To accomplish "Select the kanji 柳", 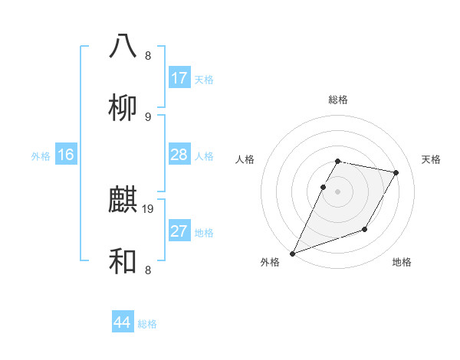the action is (x=123, y=108).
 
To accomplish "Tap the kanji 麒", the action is (x=123, y=200).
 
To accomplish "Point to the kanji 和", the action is (x=123, y=262).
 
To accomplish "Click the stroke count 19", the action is (x=149, y=208).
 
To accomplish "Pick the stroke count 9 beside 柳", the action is (x=148, y=116).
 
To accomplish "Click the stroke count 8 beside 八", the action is (x=148, y=55).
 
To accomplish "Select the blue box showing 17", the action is (x=179, y=78).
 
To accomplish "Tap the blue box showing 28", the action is (x=179, y=155).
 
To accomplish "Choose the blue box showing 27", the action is (x=179, y=231).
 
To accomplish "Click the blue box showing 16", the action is (x=66, y=155).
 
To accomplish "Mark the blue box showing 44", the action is (x=122, y=323).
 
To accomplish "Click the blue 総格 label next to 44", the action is (x=147, y=324).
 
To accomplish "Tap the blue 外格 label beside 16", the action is (x=41, y=156).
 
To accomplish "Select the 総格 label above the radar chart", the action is (x=338, y=100).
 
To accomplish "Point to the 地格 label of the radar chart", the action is (x=402, y=262).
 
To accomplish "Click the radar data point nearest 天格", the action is (x=396, y=173).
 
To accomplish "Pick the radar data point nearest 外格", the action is (x=292, y=254).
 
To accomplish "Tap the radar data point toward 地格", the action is (x=365, y=229).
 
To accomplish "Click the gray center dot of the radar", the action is (x=337, y=191).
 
